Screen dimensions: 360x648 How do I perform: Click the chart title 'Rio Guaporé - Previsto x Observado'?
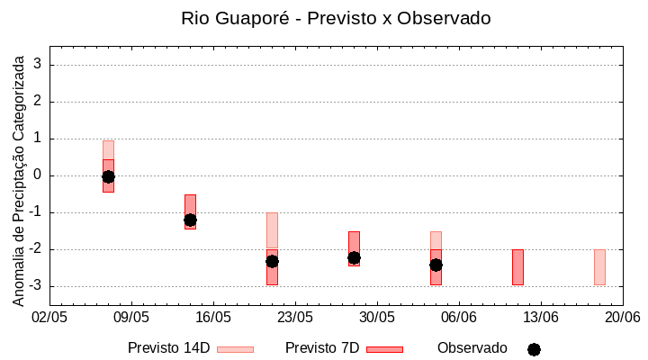[336, 18]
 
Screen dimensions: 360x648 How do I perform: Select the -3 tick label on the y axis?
[37, 286]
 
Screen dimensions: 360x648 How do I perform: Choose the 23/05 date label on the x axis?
[295, 318]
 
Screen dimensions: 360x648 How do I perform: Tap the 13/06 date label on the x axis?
[541, 318]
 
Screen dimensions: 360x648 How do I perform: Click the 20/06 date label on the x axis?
[622, 318]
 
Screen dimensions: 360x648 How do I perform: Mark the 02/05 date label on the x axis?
[50, 318]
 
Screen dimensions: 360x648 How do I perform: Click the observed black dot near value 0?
[108, 176]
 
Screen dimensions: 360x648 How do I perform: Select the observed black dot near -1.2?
[190, 220]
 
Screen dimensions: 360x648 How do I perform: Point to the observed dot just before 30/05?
[354, 257]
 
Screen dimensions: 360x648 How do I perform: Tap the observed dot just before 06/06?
[436, 265]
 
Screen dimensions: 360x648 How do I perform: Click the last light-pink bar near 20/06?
[599, 267]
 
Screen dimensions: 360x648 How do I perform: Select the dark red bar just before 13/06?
[517, 267]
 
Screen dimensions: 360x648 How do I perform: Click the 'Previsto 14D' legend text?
[169, 348]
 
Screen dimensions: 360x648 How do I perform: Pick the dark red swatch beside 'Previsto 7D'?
[384, 349]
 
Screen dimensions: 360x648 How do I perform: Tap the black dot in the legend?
[534, 349]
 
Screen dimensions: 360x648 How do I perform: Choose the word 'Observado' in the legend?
[472, 348]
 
